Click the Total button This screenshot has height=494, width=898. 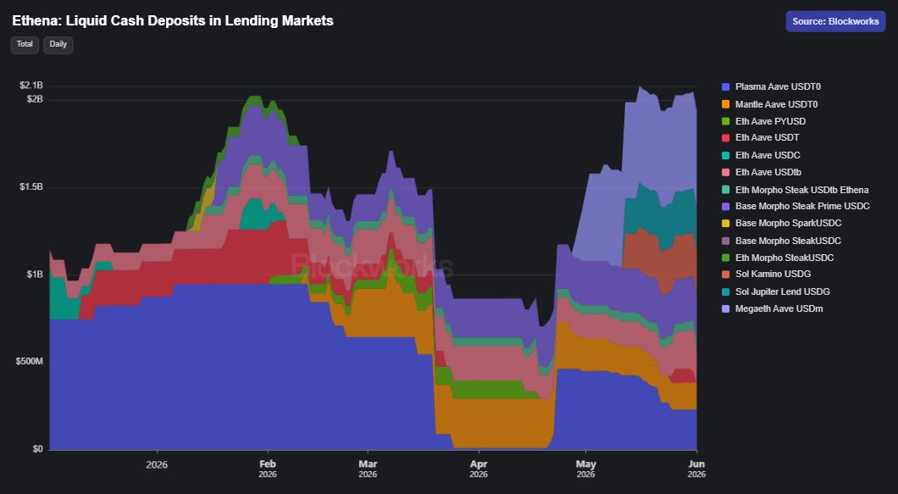click(x=25, y=45)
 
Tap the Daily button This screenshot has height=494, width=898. click(x=58, y=45)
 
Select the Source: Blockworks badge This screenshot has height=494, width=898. click(x=835, y=21)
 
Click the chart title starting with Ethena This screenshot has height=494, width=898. click(x=173, y=21)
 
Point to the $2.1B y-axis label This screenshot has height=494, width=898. click(x=31, y=86)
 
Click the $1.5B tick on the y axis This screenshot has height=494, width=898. click(x=31, y=186)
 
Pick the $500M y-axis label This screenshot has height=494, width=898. click(x=29, y=362)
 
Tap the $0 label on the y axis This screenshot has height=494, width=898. click(x=37, y=449)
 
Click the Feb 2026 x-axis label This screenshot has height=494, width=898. click(x=268, y=469)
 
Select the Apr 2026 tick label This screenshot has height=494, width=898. click(x=479, y=469)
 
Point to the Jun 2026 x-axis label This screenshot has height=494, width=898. click(x=696, y=469)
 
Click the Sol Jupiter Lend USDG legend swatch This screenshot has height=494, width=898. click(x=726, y=291)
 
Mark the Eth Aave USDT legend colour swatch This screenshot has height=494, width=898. click(x=726, y=138)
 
